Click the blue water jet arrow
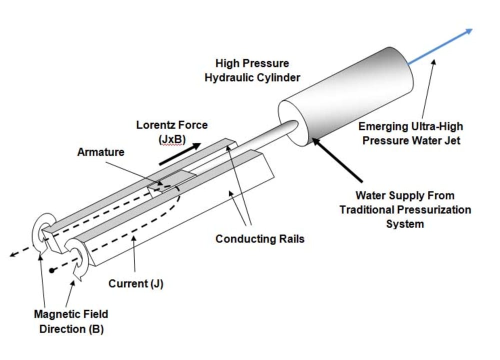pyautogui.click(x=440, y=47)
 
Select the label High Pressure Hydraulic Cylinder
pyautogui.click(x=252, y=71)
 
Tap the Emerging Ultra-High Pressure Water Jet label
pyautogui.click(x=411, y=134)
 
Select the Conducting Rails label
pyautogui.click(x=259, y=239)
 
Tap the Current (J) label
pyautogui.click(x=136, y=284)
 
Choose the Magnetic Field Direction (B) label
pyautogui.click(x=70, y=322)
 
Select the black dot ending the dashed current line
pyautogui.click(x=51, y=270)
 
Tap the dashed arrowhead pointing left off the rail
pyautogui.click(x=12, y=254)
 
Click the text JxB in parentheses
pyautogui.click(x=171, y=138)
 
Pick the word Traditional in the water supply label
pyautogui.click(x=370, y=209)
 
